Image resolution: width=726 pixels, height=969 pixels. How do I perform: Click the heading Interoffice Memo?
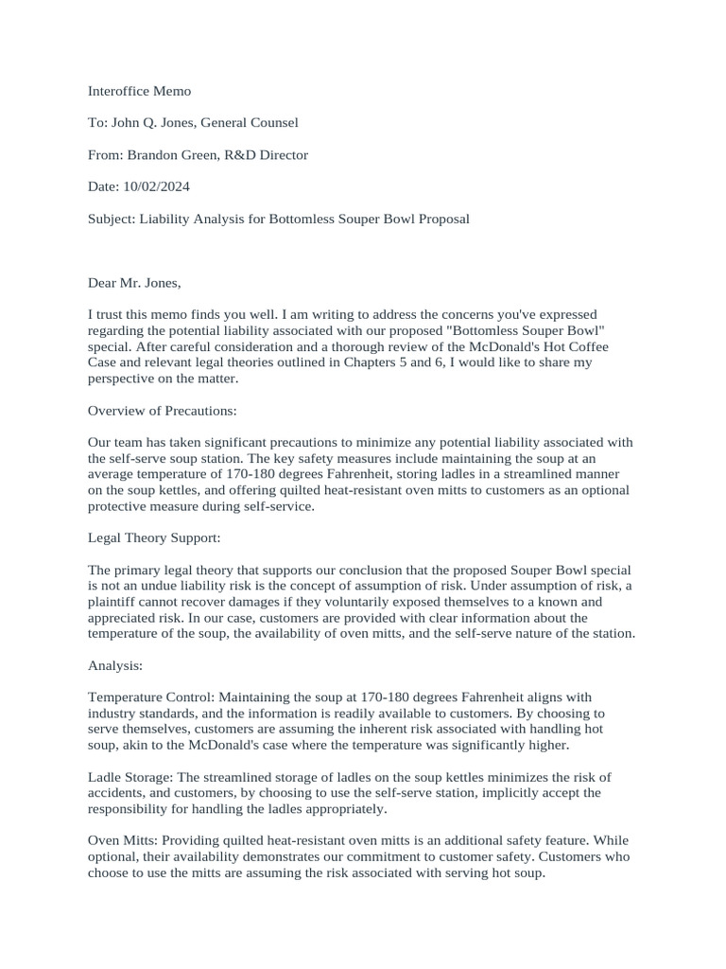click(139, 91)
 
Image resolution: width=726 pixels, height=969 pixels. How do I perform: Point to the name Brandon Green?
click(168, 154)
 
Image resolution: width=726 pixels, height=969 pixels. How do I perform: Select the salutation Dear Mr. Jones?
click(133, 282)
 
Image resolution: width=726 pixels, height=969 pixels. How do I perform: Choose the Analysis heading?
click(114, 666)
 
